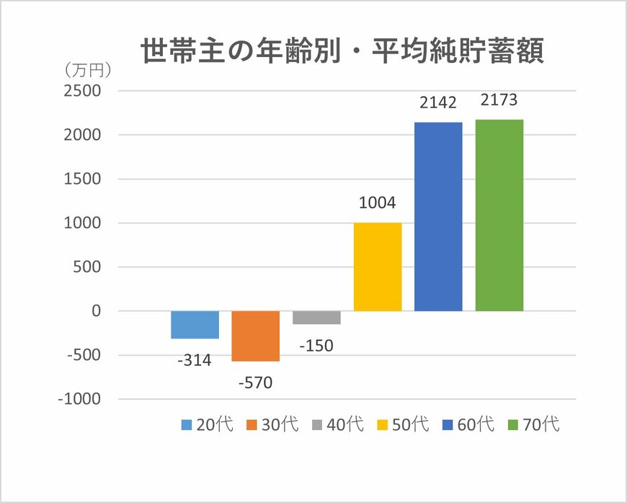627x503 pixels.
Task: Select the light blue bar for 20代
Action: coord(195,325)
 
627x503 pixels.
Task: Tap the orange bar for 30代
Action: coord(255,336)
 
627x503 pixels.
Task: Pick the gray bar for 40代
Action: coord(316,318)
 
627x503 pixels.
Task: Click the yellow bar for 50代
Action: coord(377,267)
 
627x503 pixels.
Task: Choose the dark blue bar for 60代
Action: coord(438,216)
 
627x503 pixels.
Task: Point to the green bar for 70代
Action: coord(499,215)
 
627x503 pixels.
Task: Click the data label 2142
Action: coord(438,103)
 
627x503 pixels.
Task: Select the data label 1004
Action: coord(377,204)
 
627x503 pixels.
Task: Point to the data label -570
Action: coord(255,382)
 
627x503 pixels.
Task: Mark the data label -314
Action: coord(195,360)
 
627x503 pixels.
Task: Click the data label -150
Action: coord(316,346)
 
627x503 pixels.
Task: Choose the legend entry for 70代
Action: coord(533,424)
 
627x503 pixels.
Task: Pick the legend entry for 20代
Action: coord(206,424)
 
